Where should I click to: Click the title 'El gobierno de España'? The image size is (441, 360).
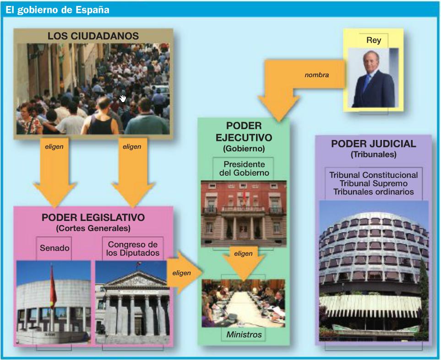pos(57,10)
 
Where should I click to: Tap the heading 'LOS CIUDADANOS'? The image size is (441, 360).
pos(93,36)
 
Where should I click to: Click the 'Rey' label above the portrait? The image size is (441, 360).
pos(374,40)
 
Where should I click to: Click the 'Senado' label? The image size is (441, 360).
pos(54,248)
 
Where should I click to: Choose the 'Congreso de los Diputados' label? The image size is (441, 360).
pos(132,248)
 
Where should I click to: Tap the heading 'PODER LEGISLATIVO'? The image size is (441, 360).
pos(93,218)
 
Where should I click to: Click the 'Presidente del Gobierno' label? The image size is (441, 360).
pos(244,169)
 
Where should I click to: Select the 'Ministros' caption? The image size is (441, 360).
pos(244,334)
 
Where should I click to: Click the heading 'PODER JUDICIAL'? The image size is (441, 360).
pos(373,144)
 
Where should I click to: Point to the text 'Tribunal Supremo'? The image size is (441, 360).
pos(373,183)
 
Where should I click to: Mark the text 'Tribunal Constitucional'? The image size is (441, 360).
pos(373,175)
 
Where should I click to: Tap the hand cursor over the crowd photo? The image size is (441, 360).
pos(123,98)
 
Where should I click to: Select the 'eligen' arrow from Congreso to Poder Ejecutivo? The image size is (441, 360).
pos(183,273)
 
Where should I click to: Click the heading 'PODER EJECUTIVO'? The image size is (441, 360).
pos(244,132)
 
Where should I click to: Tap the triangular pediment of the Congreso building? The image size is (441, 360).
pos(136,279)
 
